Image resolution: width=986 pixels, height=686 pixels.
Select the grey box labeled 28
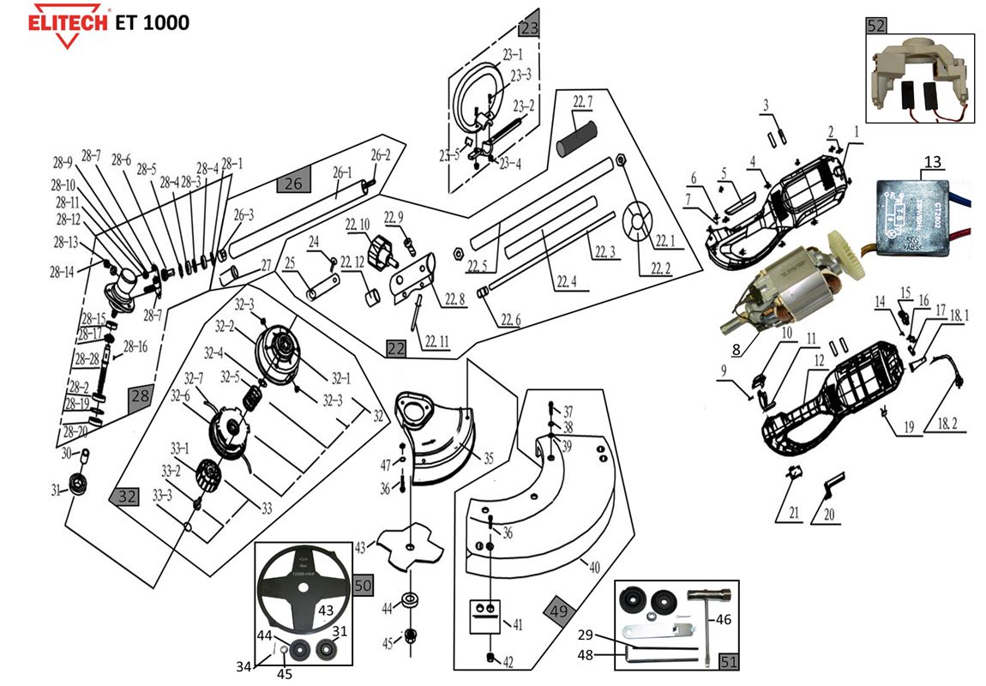point(140,394)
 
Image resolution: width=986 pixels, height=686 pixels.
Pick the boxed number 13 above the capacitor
point(933,161)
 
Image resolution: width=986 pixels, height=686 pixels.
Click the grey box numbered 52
point(875,26)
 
